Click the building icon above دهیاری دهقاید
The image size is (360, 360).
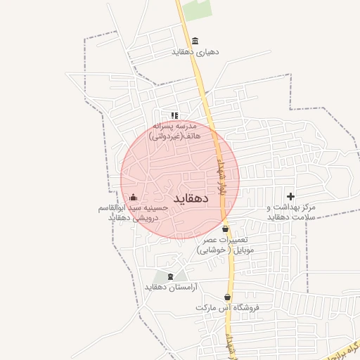point(195,41)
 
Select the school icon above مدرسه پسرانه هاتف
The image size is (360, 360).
point(174,115)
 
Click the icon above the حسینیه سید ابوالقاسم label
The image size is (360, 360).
point(133,197)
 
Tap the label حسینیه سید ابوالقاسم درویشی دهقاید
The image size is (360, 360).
point(133,212)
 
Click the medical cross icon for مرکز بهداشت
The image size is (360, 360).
point(290,195)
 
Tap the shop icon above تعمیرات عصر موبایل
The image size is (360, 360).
point(225,229)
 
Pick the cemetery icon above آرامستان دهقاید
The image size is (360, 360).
point(169,276)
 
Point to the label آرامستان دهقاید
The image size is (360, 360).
point(171,288)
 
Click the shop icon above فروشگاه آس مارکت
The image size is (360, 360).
point(227,297)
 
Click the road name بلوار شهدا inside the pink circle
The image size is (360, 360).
point(219,176)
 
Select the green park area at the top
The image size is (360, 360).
point(198,9)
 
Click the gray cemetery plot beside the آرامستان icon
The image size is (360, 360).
point(180,276)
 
